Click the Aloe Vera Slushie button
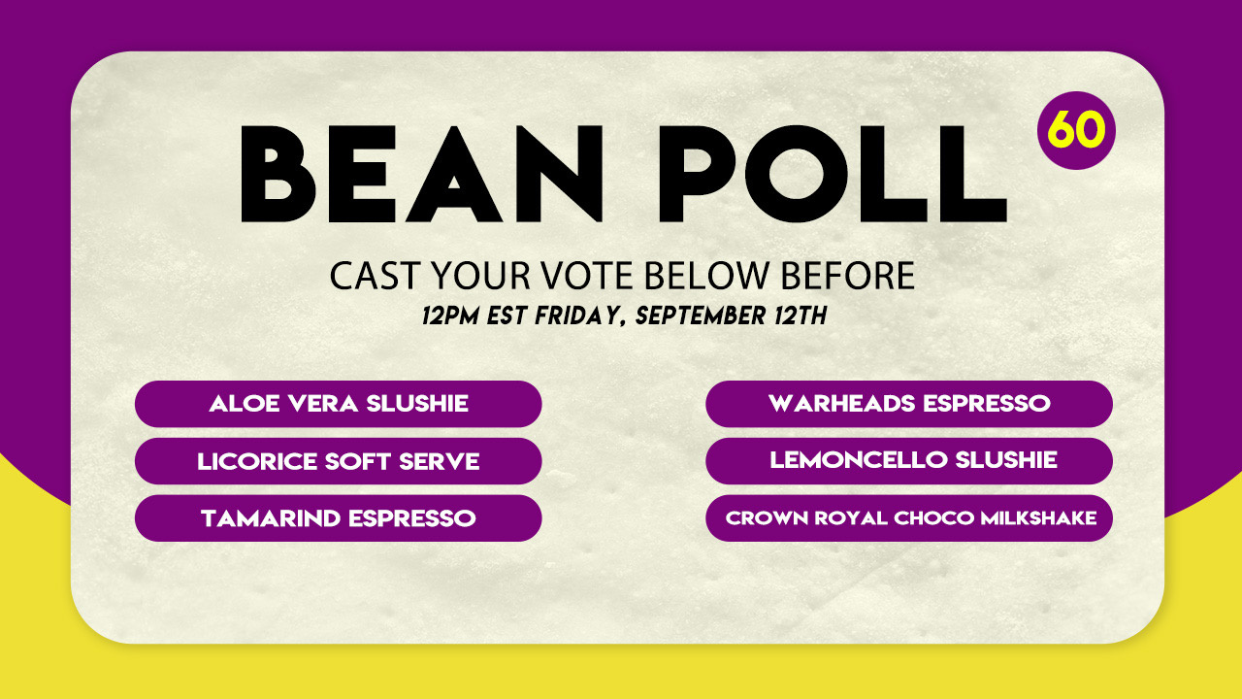339,404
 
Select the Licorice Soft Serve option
339,461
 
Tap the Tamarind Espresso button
339,518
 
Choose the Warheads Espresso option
909,404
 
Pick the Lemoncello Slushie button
909,461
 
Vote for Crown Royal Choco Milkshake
909,518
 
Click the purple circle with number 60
1076,130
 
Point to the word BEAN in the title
421,174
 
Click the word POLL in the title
833,174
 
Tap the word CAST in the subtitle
375,276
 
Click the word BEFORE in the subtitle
848,276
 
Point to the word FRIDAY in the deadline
580,316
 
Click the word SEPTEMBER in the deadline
701,316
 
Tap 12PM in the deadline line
450,316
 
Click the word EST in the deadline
507,316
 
